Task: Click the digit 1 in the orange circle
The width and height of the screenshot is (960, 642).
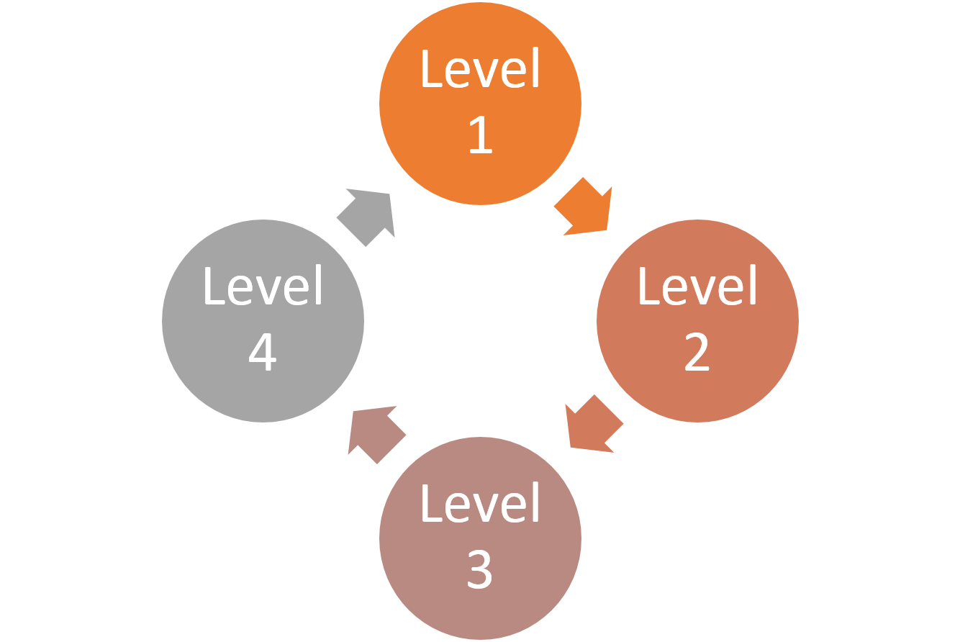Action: point(480,135)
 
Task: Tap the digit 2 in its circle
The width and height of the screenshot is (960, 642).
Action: point(697,353)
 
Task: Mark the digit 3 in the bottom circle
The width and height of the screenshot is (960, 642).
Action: point(479,570)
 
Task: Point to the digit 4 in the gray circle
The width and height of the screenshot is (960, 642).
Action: point(263,353)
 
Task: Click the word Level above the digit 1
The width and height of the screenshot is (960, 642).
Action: point(480,70)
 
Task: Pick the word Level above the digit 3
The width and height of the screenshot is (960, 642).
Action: point(480,504)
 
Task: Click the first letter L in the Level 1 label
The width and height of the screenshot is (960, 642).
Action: point(431,70)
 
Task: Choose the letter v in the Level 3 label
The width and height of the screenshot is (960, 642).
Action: point(479,509)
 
